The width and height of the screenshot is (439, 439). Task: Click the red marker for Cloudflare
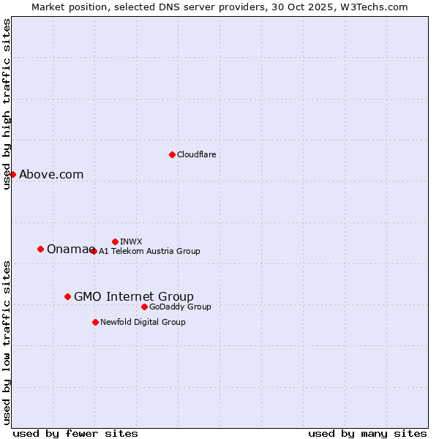[x=172, y=154]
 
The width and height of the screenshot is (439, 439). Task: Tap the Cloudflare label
[x=196, y=154]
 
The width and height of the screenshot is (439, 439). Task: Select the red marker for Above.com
[x=12, y=174]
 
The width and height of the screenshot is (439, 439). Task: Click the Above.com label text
[x=51, y=174]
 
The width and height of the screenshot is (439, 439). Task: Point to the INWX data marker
[x=115, y=241]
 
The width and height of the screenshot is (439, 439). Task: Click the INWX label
[x=131, y=241]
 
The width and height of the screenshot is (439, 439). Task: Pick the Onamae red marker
[x=40, y=249]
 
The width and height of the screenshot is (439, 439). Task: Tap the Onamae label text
[x=67, y=249]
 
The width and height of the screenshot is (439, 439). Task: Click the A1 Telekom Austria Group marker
[x=93, y=251]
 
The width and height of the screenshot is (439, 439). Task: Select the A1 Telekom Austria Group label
[x=149, y=251]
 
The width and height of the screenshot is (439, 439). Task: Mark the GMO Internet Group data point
[x=67, y=296]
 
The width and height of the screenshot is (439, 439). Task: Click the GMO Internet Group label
[x=134, y=296]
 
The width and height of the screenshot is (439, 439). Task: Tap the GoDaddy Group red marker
[x=144, y=307]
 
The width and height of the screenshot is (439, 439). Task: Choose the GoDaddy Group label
[x=180, y=307]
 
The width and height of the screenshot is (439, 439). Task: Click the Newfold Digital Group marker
[x=95, y=322]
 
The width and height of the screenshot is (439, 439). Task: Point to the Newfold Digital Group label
[x=143, y=322]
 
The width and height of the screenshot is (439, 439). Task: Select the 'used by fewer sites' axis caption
[x=75, y=433]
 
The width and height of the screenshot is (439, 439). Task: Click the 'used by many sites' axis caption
[x=367, y=433]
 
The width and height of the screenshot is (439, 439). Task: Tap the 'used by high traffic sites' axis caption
[x=7, y=104]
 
